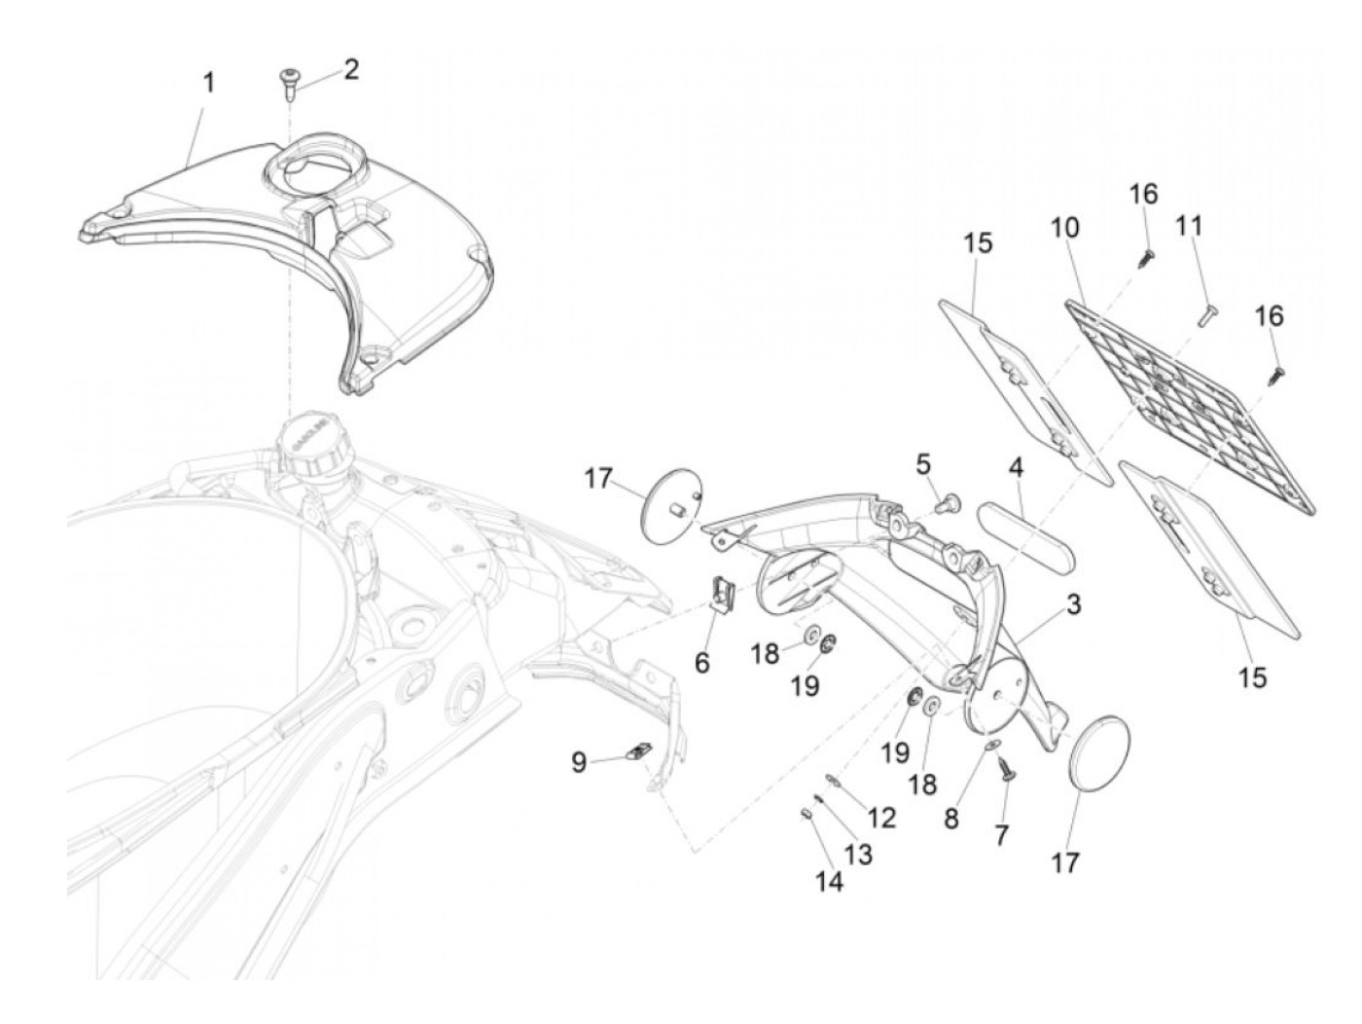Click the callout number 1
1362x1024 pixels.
click(x=208, y=84)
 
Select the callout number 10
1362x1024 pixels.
click(x=1064, y=228)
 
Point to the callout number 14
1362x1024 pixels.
click(x=829, y=881)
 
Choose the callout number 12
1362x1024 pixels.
click(x=881, y=818)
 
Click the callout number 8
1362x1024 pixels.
click(x=951, y=819)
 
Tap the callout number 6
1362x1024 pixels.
click(x=702, y=664)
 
